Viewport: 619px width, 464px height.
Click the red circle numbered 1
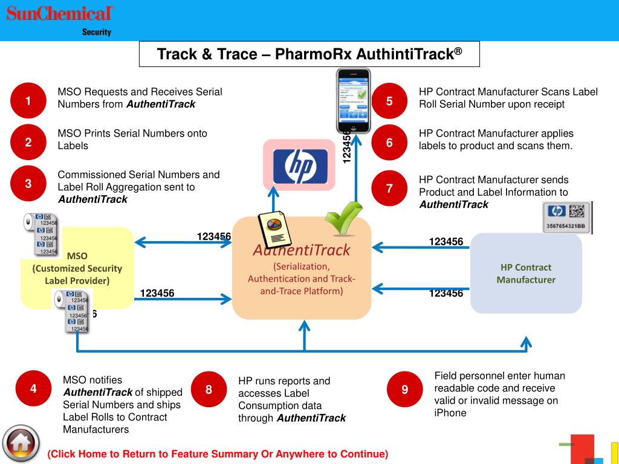(x=28, y=100)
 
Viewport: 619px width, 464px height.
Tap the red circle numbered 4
(x=33, y=388)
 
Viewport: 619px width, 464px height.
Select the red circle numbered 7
(x=389, y=188)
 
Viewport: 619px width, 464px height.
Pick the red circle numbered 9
(x=404, y=389)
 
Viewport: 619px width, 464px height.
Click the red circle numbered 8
(x=209, y=390)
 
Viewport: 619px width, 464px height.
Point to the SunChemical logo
(x=60, y=13)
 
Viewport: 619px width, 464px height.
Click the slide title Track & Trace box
(x=309, y=54)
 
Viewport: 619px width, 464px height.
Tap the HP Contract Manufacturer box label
(x=526, y=274)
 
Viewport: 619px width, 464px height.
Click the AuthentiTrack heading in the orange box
(x=302, y=250)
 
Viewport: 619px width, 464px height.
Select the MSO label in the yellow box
(x=77, y=256)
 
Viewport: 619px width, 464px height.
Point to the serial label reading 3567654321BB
(x=567, y=217)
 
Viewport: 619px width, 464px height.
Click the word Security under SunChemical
(x=97, y=33)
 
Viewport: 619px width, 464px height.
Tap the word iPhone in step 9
(x=450, y=413)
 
